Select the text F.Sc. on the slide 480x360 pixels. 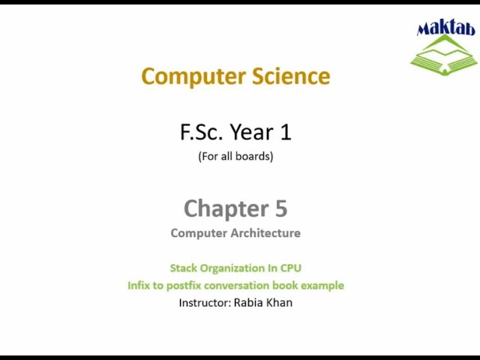point(202,133)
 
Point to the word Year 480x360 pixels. point(252,133)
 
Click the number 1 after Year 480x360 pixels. point(285,133)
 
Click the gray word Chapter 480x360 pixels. point(223,208)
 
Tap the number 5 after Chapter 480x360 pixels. point(280,208)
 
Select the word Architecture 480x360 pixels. point(265,233)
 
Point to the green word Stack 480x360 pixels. point(184,268)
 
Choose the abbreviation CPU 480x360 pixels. point(291,268)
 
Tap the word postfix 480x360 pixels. point(188,286)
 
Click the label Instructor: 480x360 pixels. point(205,303)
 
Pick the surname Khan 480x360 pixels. point(279,303)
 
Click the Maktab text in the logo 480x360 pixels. point(445,29)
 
